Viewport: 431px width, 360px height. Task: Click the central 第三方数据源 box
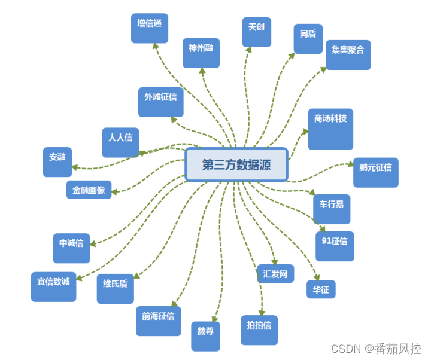[236, 164]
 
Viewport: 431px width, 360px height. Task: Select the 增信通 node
[149, 28]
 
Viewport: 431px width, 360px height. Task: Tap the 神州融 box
[201, 53]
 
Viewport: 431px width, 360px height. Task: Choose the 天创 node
[256, 32]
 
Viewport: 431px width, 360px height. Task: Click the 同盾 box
[308, 39]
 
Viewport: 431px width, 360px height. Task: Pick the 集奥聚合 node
[348, 55]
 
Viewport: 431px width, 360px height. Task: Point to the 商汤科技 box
[330, 129]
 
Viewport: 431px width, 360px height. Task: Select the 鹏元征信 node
[375, 172]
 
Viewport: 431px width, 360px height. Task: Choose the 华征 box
[320, 289]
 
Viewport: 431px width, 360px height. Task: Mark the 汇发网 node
[275, 274]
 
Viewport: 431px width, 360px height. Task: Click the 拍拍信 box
[259, 330]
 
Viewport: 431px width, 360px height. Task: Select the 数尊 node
[205, 335]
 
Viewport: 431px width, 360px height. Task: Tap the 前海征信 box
[158, 321]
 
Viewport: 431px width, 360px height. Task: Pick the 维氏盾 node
[115, 288]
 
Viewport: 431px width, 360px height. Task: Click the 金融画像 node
[89, 190]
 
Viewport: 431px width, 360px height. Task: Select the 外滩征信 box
[160, 102]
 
